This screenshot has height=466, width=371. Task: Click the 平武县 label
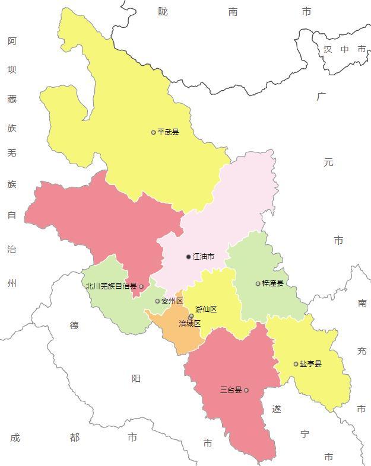(x=168, y=132)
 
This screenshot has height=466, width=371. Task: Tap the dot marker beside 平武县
(x=153, y=132)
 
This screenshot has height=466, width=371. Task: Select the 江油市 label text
(x=204, y=257)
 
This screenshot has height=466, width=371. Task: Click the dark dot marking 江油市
(x=189, y=257)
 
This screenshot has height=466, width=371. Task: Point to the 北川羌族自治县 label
(x=110, y=286)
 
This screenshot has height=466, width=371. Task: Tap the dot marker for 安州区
(x=157, y=301)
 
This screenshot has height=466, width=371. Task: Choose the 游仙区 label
(x=206, y=309)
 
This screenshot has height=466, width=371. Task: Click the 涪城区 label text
(x=190, y=324)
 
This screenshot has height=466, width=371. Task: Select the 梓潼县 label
(x=272, y=283)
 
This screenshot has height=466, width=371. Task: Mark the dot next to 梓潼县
(x=258, y=283)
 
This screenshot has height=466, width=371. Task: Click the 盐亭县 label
(x=310, y=364)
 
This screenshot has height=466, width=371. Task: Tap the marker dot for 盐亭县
(x=296, y=364)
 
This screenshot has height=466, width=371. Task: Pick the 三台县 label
(x=231, y=390)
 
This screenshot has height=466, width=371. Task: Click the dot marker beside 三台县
(x=246, y=390)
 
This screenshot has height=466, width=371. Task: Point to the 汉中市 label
(x=345, y=49)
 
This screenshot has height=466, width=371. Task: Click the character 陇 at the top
(x=163, y=11)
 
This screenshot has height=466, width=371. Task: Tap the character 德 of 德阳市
(x=74, y=325)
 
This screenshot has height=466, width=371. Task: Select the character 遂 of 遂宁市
(x=277, y=409)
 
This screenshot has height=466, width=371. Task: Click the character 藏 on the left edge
(x=12, y=98)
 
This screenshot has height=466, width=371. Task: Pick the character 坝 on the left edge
(x=12, y=69)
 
